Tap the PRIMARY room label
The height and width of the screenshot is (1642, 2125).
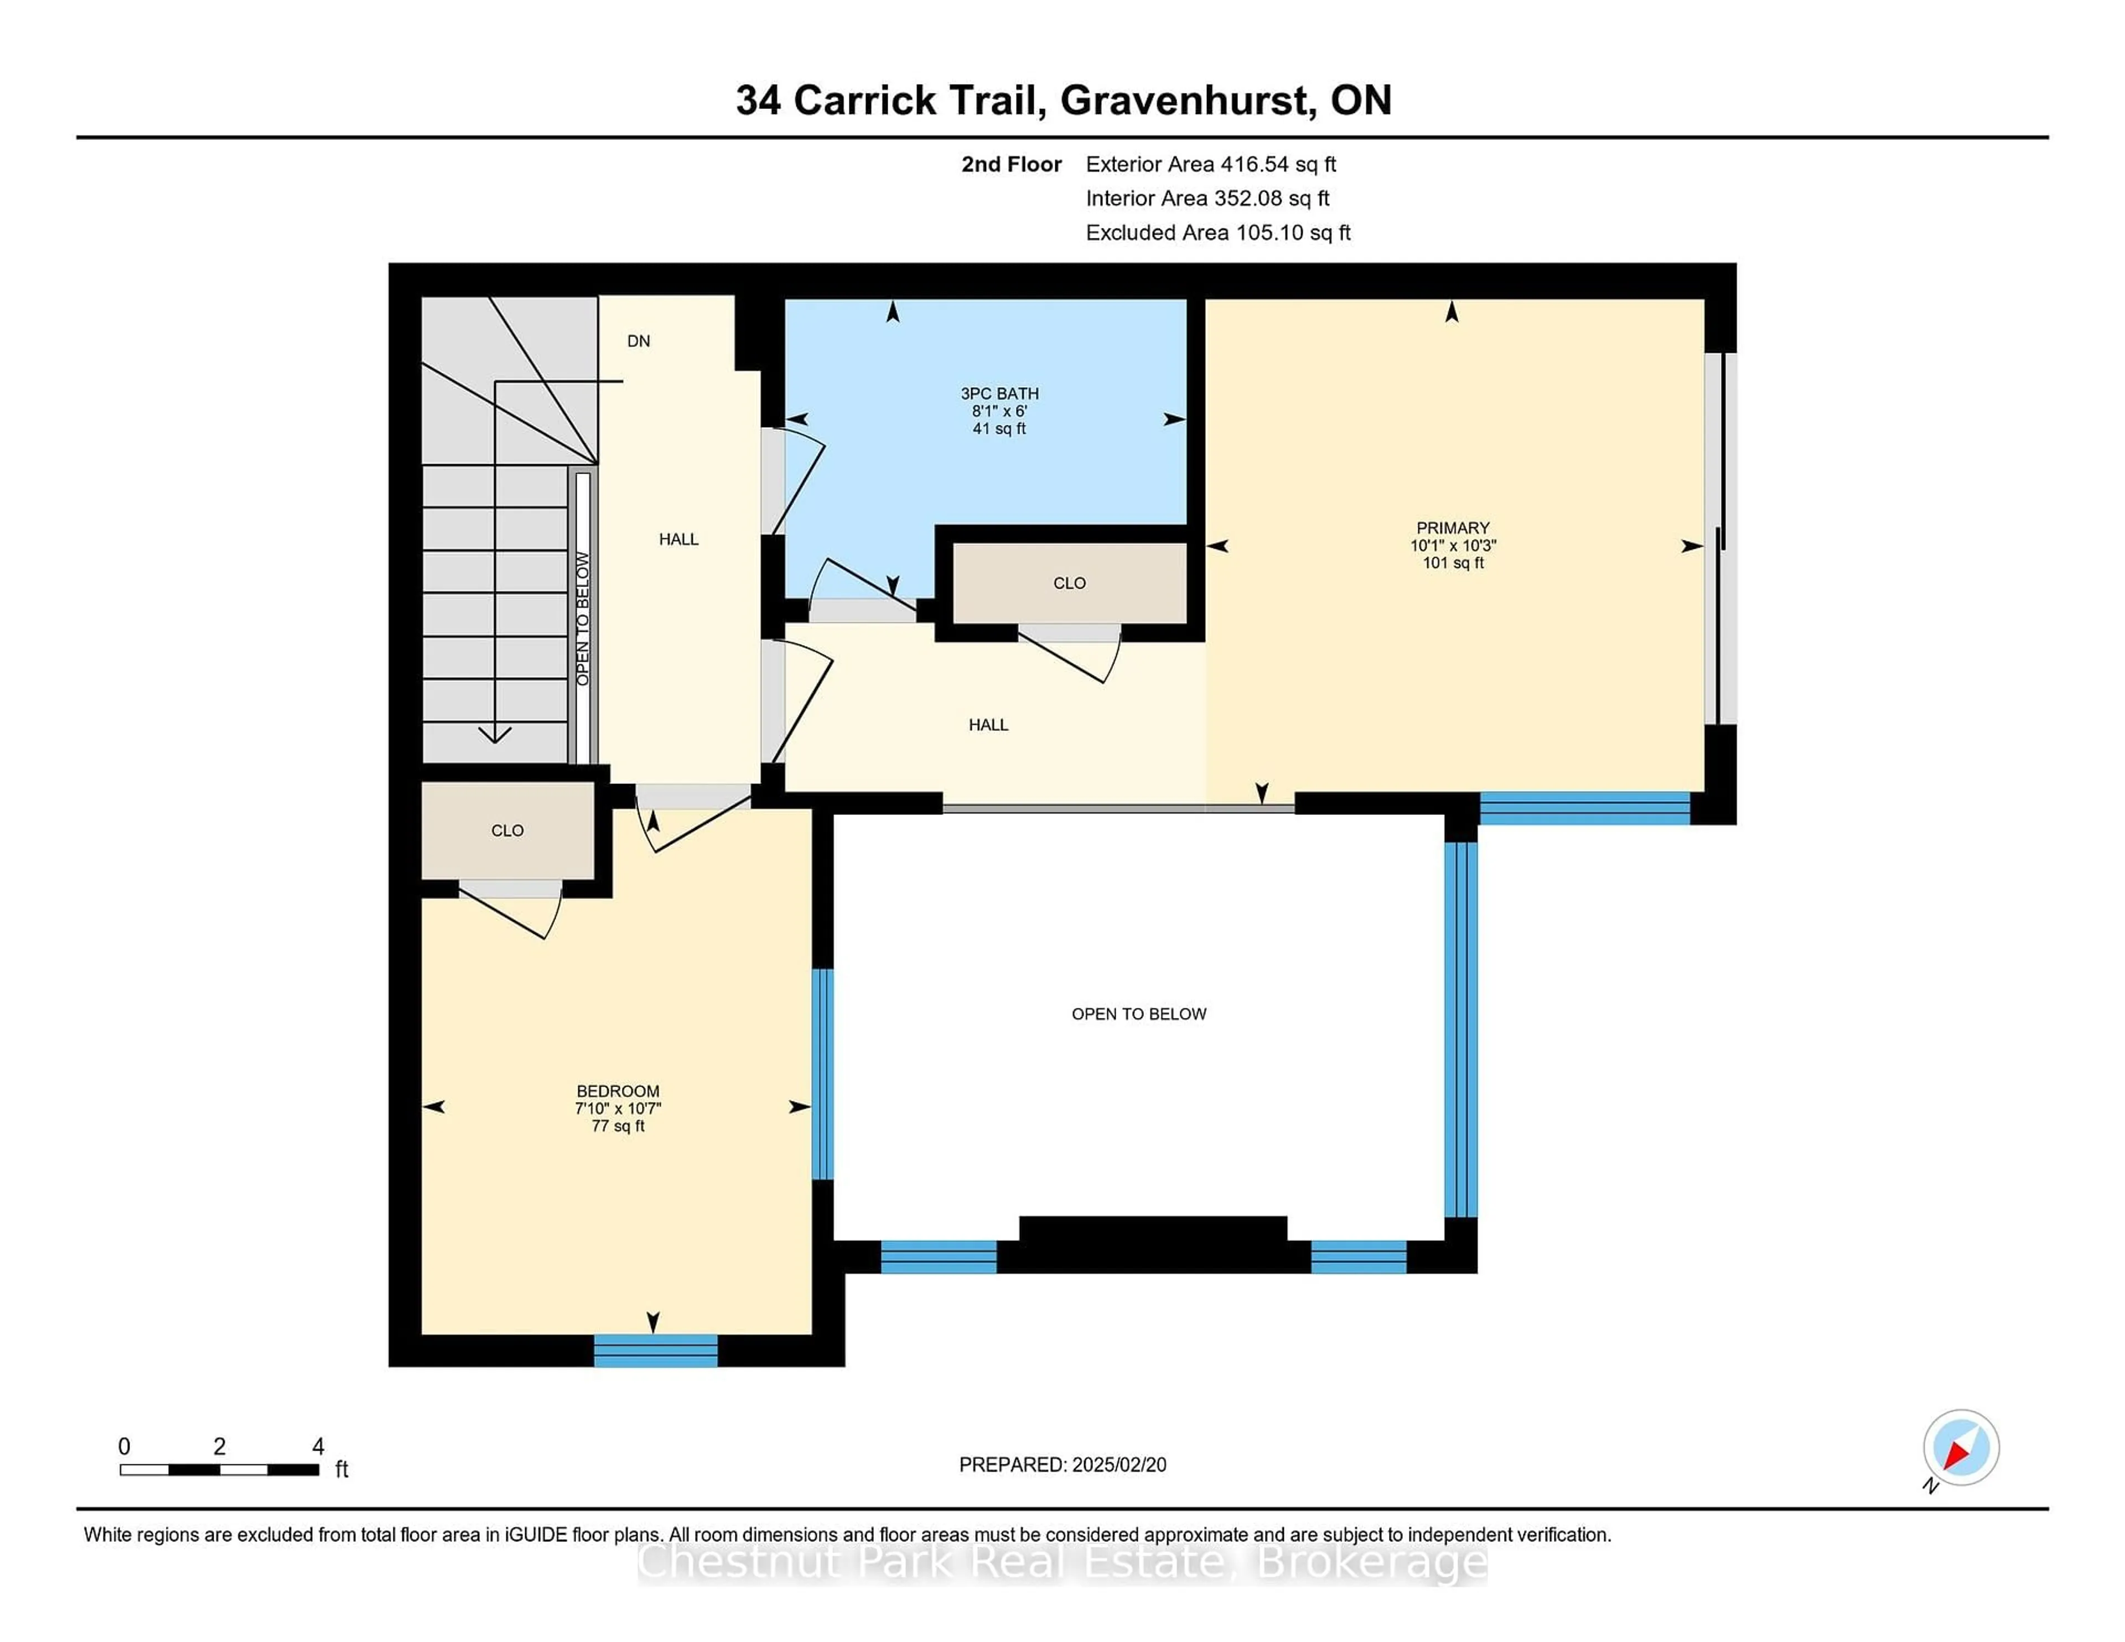pyautogui.click(x=1453, y=528)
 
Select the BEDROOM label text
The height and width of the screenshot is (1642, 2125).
pyautogui.click(x=618, y=1092)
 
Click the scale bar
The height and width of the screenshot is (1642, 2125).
pyautogui.click(x=220, y=1470)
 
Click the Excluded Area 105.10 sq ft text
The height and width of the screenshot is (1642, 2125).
pyautogui.click(x=1218, y=232)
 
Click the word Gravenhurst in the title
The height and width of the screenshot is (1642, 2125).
pyautogui.click(x=1185, y=100)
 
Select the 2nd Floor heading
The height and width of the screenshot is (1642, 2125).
pyautogui.click(x=1011, y=164)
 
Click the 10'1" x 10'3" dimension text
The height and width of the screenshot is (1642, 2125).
pyautogui.click(x=1453, y=545)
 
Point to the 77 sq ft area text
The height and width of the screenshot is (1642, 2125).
pyautogui.click(x=618, y=1126)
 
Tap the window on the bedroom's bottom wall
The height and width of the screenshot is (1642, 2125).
pyautogui.click(x=656, y=1351)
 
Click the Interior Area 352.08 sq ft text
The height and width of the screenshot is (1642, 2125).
pyautogui.click(x=1207, y=199)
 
